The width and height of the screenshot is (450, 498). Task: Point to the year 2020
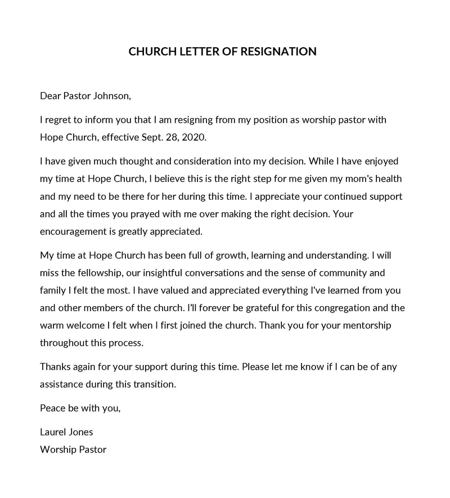pyautogui.click(x=180, y=137)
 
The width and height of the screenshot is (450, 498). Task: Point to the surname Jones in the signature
pyautogui.click(x=82, y=432)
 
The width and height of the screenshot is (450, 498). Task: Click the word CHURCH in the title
pyautogui.click(x=148, y=52)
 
